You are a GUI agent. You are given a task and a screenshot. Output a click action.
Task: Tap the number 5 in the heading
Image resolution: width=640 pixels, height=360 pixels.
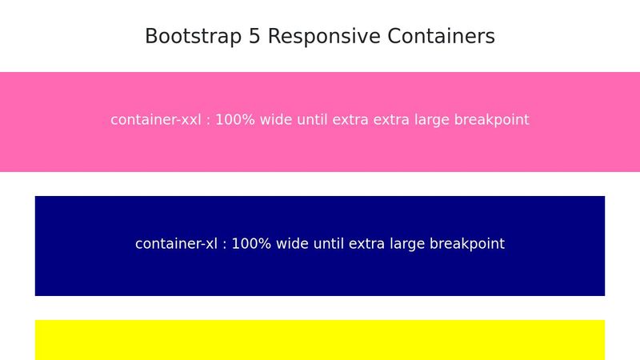(254, 37)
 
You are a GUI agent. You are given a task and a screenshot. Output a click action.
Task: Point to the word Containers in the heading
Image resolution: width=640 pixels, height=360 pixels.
(442, 37)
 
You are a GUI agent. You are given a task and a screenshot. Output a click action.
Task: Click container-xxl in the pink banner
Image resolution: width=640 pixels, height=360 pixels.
(156, 120)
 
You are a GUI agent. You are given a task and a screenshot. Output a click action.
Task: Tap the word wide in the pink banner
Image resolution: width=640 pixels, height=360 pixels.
(275, 120)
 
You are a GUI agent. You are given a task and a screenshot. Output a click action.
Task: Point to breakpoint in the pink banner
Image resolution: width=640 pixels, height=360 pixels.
(491, 120)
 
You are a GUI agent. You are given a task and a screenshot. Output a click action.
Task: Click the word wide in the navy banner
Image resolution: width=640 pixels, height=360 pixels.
(291, 244)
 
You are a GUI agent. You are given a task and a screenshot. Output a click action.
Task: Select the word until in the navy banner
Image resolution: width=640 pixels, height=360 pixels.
(329, 244)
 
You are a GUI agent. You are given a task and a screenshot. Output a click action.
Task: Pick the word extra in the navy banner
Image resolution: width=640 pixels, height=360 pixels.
(365, 244)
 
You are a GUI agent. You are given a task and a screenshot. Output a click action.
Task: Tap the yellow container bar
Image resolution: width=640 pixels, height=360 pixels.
(320, 340)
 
